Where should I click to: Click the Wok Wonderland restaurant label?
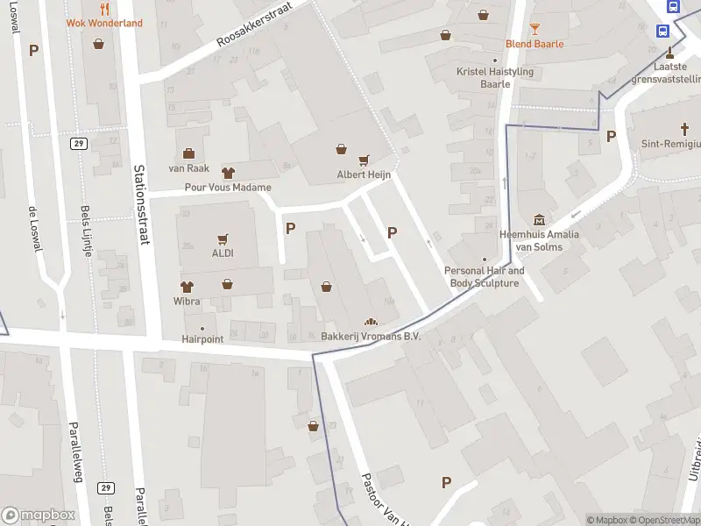click(x=104, y=23)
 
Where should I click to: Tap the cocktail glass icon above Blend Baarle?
click(x=535, y=29)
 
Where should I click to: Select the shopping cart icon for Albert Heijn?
click(x=364, y=160)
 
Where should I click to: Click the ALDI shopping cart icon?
click(x=223, y=238)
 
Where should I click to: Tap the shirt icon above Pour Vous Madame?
click(x=228, y=173)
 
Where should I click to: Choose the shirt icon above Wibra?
click(x=187, y=286)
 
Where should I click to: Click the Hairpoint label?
click(x=203, y=338)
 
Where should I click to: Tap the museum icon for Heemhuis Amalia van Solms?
click(x=539, y=219)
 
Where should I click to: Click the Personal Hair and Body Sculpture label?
click(x=485, y=277)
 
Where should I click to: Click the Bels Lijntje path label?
click(x=86, y=231)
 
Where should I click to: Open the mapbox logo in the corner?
click(x=38, y=515)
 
